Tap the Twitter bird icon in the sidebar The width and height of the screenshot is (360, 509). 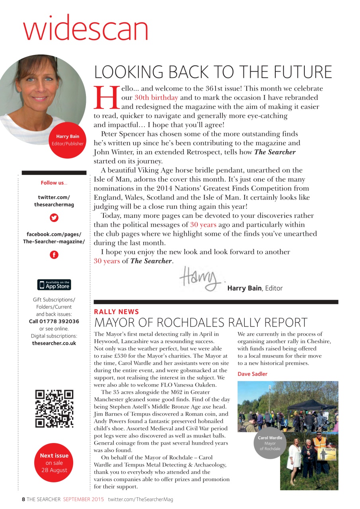click(54, 218)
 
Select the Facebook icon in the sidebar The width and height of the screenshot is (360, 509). click(54, 255)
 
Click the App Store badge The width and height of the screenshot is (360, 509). click(54, 285)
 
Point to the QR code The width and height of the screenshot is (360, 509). click(54, 409)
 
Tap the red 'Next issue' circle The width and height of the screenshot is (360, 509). click(54, 462)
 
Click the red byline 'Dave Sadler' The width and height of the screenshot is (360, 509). click(253, 374)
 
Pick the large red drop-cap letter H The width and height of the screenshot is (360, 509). click(107, 98)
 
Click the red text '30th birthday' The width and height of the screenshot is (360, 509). click(156, 97)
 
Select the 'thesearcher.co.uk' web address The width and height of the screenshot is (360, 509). click(54, 343)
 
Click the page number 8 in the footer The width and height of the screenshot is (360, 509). click(23, 499)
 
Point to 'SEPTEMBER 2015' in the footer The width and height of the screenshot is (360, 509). click(84, 499)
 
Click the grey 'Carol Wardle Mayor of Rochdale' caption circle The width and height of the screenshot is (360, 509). click(270, 443)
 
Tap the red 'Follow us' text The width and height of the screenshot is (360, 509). click(54, 183)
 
